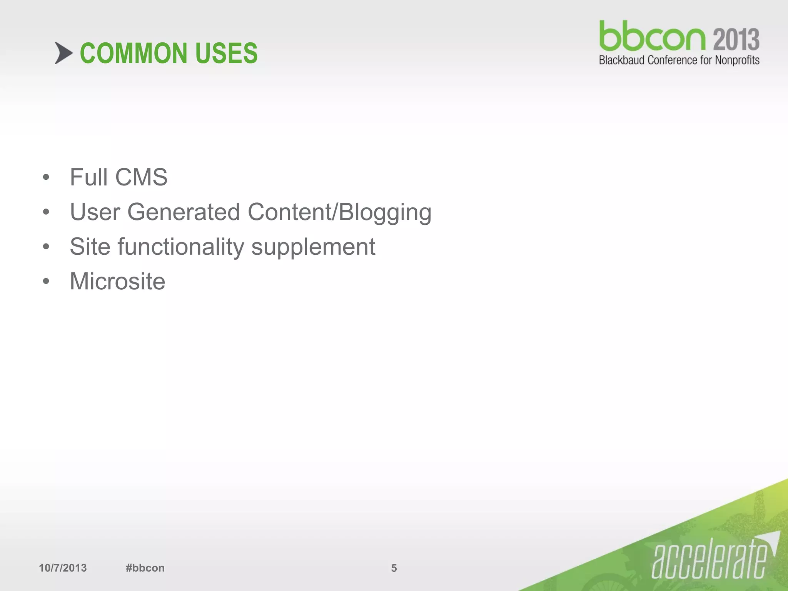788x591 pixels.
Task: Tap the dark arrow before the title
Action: pos(63,53)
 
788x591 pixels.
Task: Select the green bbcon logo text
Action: pos(652,37)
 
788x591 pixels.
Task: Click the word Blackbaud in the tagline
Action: pos(621,60)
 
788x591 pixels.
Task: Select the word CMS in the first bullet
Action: pos(141,177)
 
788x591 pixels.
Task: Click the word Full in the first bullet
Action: pos(88,177)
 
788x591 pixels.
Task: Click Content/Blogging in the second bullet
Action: pos(339,213)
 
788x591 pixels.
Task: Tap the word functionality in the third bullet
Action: pos(181,247)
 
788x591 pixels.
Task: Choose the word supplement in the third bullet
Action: pos(313,247)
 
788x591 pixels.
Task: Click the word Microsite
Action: pos(117,281)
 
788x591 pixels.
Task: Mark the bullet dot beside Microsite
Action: pos(46,281)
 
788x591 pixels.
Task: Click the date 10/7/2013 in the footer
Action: pos(63,568)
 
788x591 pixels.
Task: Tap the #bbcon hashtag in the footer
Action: pos(145,568)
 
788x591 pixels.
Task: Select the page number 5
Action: pos(394,568)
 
